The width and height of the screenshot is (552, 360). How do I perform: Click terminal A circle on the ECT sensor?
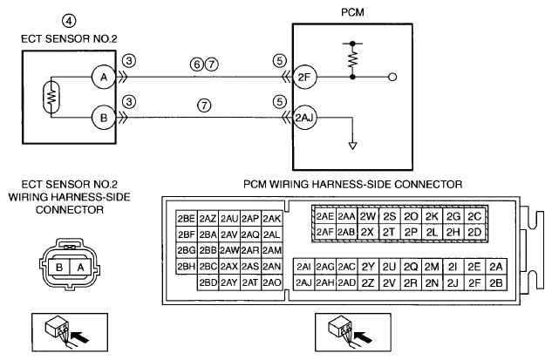coord(104,77)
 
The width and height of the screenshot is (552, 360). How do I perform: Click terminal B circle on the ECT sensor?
coord(104,118)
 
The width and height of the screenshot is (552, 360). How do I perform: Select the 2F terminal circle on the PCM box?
coord(304,77)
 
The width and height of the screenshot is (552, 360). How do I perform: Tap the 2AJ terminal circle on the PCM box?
coord(303,118)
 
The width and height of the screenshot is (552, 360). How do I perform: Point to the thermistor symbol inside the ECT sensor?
coord(51,97)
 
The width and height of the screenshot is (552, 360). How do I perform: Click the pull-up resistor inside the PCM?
coord(352,59)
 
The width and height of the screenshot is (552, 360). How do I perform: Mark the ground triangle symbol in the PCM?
coord(352,146)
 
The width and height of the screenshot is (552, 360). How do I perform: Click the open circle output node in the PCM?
coord(392,77)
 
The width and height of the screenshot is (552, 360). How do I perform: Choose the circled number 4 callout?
coord(69,21)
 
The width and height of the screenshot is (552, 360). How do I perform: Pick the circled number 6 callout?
coord(197,65)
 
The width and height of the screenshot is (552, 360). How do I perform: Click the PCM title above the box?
coord(352,12)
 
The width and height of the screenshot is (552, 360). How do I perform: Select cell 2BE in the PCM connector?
coord(187,219)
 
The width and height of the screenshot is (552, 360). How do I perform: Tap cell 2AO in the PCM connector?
coord(272,282)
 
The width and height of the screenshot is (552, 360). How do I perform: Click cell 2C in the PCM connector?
coord(474,216)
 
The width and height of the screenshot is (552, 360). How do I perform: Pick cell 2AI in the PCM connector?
coord(303,267)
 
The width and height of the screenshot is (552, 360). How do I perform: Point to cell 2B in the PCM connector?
coord(496,282)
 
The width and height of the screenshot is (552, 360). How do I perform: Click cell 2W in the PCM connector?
coord(368,216)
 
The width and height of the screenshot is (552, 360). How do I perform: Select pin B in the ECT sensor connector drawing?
coord(59,268)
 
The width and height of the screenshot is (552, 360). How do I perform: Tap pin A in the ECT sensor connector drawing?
coord(80,268)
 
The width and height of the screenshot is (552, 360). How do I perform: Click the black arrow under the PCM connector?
coord(363,336)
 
